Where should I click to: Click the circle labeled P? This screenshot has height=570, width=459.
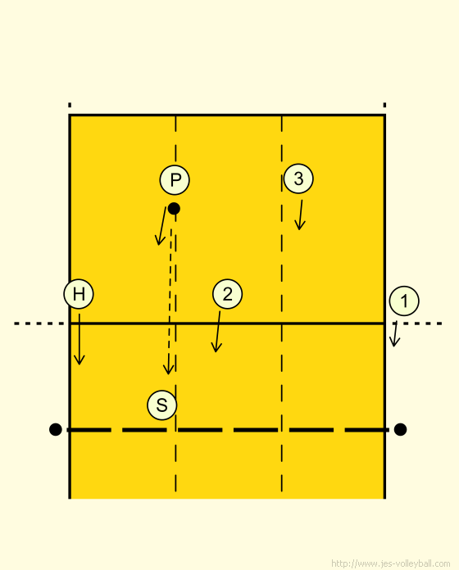click(x=175, y=180)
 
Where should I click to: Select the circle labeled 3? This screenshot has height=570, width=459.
click(x=298, y=179)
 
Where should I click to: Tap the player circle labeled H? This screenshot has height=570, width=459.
click(x=79, y=294)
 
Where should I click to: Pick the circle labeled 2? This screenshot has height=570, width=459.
click(x=227, y=294)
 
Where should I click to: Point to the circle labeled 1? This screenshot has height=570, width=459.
click(x=404, y=301)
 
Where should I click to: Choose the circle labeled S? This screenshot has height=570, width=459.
click(x=161, y=405)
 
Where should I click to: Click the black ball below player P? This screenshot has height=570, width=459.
click(x=174, y=209)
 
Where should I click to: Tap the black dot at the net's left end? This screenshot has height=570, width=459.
click(x=55, y=429)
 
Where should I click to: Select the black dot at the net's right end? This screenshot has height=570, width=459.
click(x=400, y=429)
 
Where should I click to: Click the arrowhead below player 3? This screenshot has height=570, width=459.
click(x=299, y=229)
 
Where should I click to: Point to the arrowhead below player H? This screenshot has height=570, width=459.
click(x=80, y=363)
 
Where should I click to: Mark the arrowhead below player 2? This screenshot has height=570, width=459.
click(x=216, y=351)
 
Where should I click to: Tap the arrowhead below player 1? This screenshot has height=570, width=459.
click(x=394, y=345)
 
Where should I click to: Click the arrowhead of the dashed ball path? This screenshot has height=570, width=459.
click(x=168, y=373)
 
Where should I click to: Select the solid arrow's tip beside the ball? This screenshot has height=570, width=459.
click(x=158, y=244)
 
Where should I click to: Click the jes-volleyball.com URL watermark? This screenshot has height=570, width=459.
click(x=391, y=563)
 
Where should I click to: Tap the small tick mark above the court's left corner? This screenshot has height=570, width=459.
click(x=70, y=105)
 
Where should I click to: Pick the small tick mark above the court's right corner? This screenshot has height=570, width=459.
click(x=384, y=105)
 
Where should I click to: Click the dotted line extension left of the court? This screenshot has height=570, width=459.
click(x=39, y=323)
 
